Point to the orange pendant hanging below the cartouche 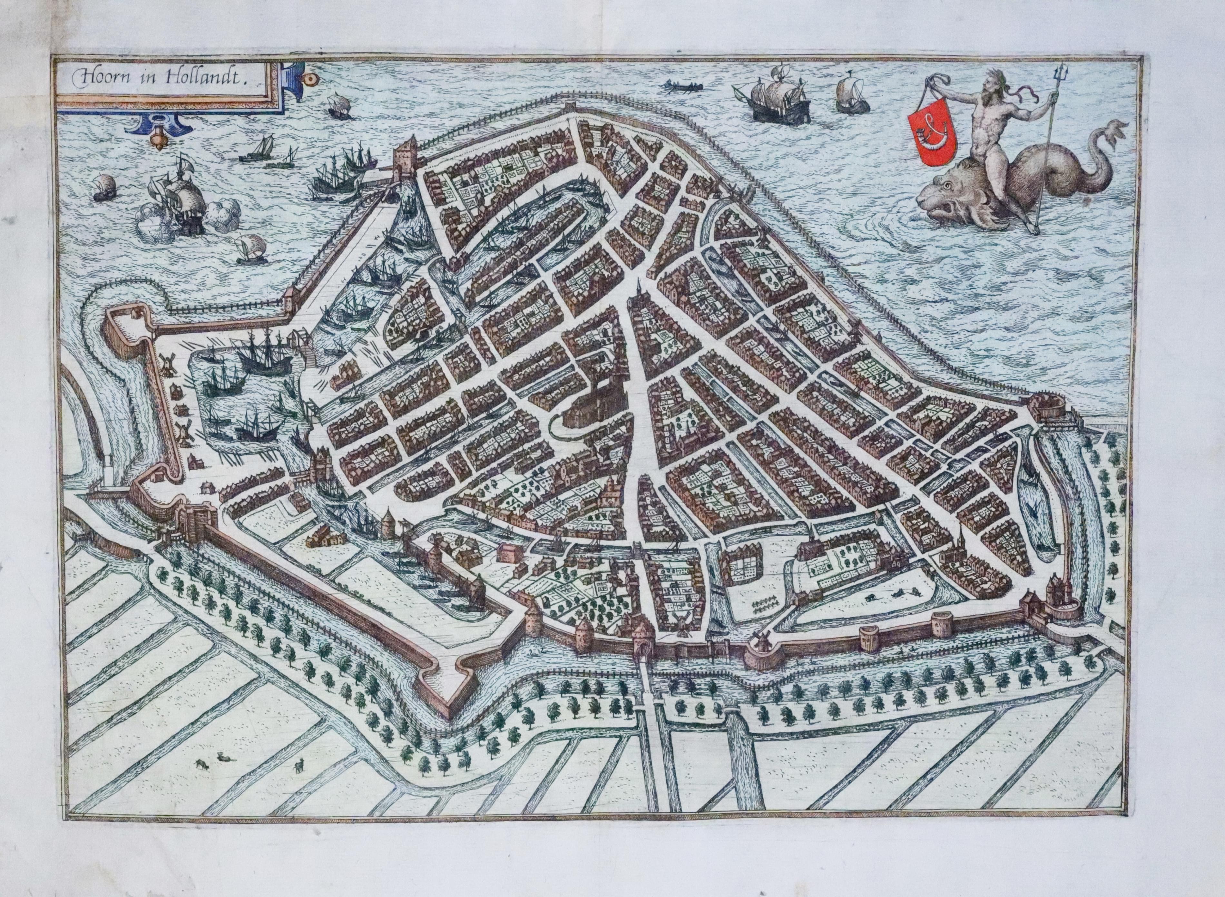(x=158, y=139)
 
